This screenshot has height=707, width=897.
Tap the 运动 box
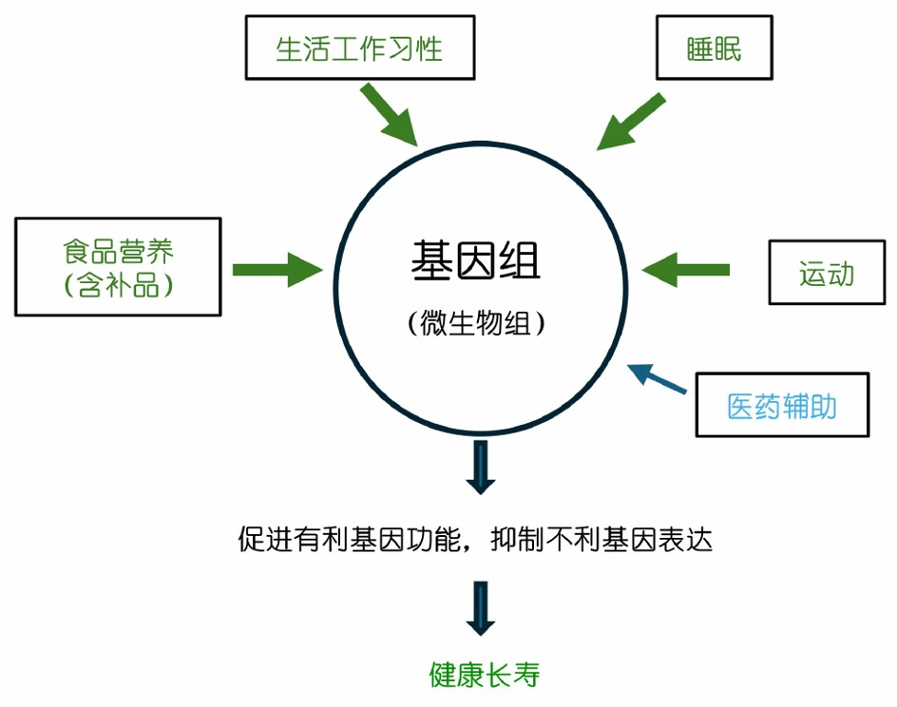click(x=826, y=273)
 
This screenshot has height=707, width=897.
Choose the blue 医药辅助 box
click(x=782, y=406)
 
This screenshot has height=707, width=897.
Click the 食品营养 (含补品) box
click(x=119, y=267)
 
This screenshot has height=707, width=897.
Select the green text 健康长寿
click(x=484, y=675)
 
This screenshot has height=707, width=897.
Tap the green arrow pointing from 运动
click(x=686, y=269)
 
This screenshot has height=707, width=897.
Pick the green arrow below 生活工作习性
click(x=390, y=115)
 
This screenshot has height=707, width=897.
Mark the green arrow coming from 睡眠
click(x=631, y=121)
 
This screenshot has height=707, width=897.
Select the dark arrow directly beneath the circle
click(x=481, y=467)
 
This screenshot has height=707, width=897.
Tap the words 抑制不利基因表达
click(x=601, y=540)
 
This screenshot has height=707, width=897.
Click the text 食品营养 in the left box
click(x=119, y=252)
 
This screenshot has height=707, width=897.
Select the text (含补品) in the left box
click(x=119, y=284)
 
